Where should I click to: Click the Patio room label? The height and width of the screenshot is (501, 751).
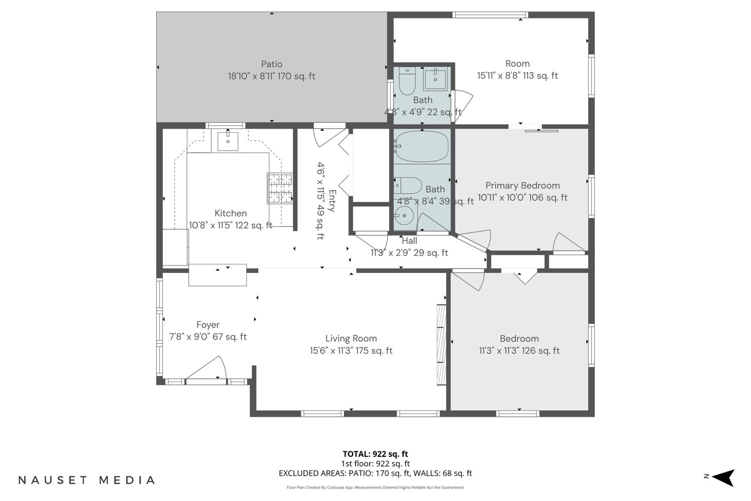271,64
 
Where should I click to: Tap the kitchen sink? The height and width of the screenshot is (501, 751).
228,142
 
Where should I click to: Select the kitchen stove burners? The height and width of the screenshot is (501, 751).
280,188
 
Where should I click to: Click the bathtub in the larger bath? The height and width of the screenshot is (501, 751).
422,147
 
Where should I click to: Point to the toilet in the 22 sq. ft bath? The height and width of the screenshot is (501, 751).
408,81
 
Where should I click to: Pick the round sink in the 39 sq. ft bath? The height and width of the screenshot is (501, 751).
404,215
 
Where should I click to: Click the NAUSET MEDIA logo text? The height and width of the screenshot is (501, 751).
87,480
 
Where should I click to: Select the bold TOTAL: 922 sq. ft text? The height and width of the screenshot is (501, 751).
375,454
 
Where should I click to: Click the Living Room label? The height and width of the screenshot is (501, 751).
351,338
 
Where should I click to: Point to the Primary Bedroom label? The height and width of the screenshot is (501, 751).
522,185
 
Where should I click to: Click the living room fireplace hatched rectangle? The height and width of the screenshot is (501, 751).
441,345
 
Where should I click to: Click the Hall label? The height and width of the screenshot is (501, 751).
410,240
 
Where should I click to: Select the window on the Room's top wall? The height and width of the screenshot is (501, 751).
490,15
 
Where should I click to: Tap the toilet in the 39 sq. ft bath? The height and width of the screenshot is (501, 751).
408,185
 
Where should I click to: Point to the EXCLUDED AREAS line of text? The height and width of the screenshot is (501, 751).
375,473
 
